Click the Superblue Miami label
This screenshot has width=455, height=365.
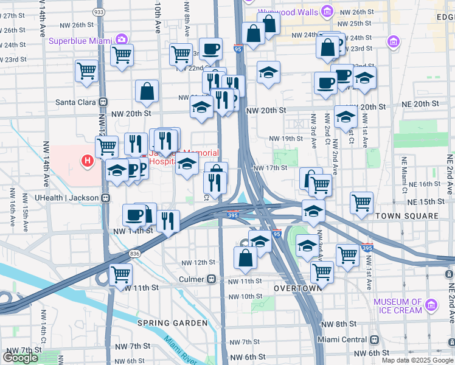click(82, 40)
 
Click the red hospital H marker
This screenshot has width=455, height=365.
click(88, 161)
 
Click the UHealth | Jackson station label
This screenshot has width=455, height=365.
click(68, 198)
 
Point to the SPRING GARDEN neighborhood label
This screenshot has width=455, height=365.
click(164, 322)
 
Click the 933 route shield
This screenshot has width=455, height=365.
click(98, 12)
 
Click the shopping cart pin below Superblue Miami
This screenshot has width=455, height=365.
click(122, 54)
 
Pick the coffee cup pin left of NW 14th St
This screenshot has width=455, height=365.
click(134, 214)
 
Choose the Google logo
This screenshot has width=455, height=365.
click(21, 357)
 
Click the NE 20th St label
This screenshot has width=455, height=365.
click(419, 105)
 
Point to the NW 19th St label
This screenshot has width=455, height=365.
click(287, 139)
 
